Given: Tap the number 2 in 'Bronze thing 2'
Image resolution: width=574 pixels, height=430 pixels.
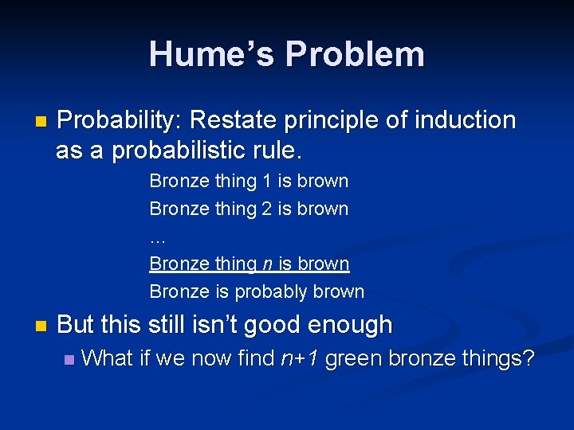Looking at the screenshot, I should coord(266,209).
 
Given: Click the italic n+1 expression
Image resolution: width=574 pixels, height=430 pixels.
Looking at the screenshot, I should coord(300,359).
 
